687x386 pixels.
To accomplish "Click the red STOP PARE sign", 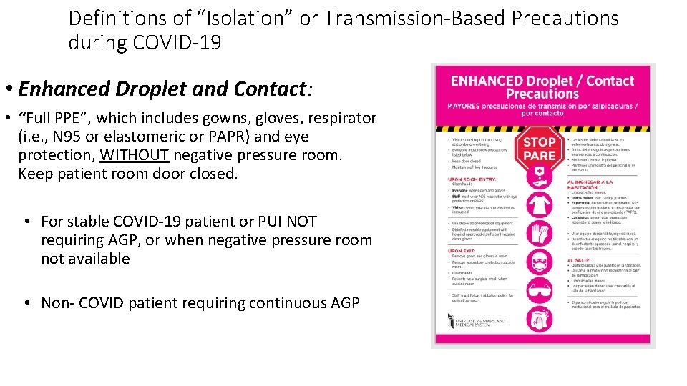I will (540, 148).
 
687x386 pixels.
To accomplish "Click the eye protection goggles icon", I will (540, 291).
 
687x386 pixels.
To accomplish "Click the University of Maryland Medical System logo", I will (477, 322).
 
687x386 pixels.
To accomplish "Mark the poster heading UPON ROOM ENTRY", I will (472, 179).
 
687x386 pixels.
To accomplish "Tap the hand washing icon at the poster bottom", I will (540, 319).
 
